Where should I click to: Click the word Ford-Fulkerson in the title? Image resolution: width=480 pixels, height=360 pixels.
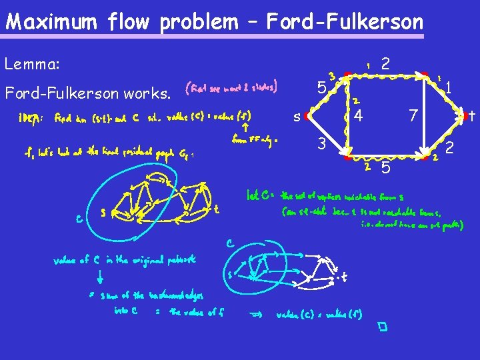[x=344, y=22]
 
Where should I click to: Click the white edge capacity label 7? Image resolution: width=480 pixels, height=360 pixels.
[x=413, y=116]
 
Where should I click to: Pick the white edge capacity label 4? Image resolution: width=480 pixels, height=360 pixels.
[x=358, y=116]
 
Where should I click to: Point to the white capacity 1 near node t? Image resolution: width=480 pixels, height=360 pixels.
[x=450, y=87]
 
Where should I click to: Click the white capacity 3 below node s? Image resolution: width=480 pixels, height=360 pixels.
[x=321, y=143]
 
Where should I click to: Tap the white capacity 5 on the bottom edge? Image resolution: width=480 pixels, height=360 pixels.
[x=385, y=169]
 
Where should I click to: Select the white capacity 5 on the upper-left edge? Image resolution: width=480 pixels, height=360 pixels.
[x=321, y=88]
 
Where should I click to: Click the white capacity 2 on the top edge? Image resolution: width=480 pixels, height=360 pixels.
[x=385, y=64]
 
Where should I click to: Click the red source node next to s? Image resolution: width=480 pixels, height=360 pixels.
[x=306, y=116]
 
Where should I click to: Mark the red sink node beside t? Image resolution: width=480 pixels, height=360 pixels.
[x=463, y=116]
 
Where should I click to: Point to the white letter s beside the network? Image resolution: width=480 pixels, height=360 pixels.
[x=297, y=117]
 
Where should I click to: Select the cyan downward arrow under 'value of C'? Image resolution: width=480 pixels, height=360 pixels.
[x=99, y=275]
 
